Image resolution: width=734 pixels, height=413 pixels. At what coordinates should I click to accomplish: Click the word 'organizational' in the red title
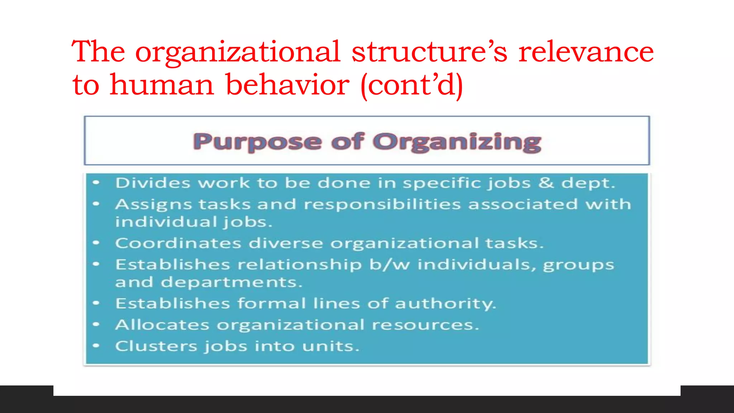pos(238,52)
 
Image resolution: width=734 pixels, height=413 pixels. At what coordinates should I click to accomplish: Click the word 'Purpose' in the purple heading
pos(257,142)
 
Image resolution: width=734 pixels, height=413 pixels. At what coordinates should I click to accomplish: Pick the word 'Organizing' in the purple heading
pos(457,142)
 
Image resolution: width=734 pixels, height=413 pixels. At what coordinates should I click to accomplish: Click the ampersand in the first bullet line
pos(545,182)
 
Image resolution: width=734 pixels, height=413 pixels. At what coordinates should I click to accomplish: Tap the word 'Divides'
pos(153,183)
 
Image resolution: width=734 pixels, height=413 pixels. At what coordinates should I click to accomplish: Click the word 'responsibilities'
pos(382,204)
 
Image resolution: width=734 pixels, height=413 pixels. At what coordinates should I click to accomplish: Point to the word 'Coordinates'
pos(178,243)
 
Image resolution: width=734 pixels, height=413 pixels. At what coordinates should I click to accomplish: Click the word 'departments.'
pos(232,282)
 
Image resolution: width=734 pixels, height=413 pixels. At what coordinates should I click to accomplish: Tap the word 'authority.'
pos(445,304)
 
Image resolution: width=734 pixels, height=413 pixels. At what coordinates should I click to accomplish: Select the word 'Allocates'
pos(162,325)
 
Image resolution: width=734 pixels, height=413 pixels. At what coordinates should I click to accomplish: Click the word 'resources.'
pos(425,325)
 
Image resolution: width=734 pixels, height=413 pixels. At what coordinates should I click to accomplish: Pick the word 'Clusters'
pos(156,346)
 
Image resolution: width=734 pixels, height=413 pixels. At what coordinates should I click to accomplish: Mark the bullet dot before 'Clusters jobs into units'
pos(96,346)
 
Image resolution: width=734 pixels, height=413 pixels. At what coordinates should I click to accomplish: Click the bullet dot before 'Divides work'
pos(96,183)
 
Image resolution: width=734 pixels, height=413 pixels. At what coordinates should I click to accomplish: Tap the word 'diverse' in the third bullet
pos(286,243)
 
